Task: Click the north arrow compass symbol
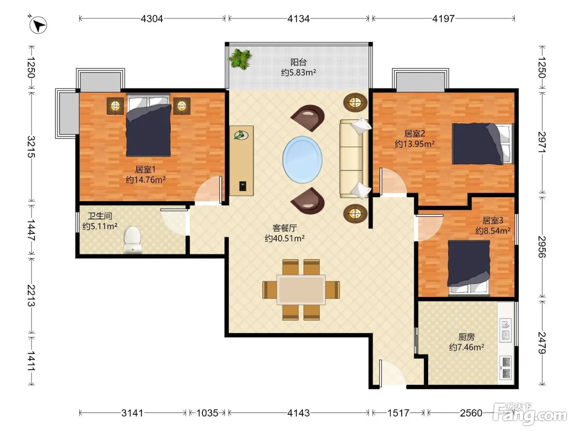tap(38, 25)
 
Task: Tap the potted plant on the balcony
tap(240, 59)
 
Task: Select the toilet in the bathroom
tap(132, 240)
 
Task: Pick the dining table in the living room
tap(301, 290)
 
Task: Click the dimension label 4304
tap(152, 19)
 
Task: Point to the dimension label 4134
tap(298, 19)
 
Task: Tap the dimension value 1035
tap(207, 413)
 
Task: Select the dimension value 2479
tap(542, 343)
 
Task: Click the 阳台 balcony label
tap(298, 62)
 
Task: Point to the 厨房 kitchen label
tap(467, 337)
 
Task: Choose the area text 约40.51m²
tap(285, 238)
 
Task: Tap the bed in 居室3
tap(469, 268)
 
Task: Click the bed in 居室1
tap(148, 125)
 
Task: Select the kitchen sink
tap(506, 330)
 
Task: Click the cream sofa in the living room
tap(354, 158)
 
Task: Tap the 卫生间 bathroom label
tap(100, 216)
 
